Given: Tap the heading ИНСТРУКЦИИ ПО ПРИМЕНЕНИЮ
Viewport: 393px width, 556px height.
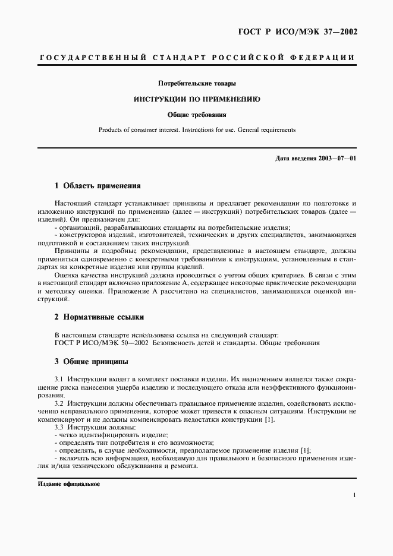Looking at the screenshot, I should (196, 99).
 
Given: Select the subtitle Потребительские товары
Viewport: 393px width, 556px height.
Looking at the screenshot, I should (196, 84).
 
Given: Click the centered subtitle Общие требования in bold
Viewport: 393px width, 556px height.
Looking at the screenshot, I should (196, 115).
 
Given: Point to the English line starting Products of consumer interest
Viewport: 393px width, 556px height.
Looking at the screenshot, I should (196, 129).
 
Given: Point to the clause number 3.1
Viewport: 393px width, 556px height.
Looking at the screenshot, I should (59, 378).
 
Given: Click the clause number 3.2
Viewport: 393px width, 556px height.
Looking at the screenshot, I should (59, 403).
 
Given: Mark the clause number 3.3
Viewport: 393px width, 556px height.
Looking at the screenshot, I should (59, 427).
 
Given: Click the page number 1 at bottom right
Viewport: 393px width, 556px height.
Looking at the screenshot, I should (354, 495).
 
